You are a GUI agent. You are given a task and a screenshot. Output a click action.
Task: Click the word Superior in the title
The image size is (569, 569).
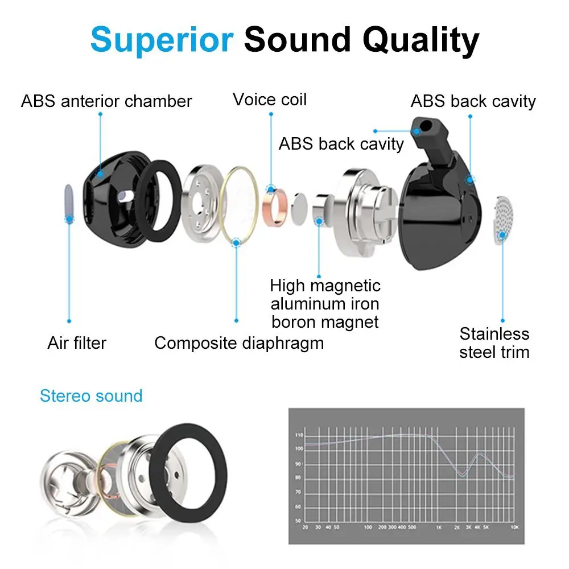[x=162, y=39]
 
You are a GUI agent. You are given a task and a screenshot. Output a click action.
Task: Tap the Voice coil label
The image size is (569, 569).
[x=270, y=100]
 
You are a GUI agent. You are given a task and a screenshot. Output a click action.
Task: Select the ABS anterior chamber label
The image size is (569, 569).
[x=106, y=101]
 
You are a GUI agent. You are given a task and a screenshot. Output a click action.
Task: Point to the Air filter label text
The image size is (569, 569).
[x=77, y=343]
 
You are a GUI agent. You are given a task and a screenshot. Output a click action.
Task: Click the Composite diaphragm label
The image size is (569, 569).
[x=239, y=343]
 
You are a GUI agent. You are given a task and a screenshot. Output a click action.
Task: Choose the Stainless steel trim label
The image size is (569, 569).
[x=494, y=343]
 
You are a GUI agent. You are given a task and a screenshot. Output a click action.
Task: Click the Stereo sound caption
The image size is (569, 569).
[x=91, y=395]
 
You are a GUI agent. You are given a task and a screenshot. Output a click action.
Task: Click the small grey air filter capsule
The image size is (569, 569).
[x=68, y=202]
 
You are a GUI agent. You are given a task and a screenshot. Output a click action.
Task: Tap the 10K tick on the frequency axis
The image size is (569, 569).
[x=514, y=527]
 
